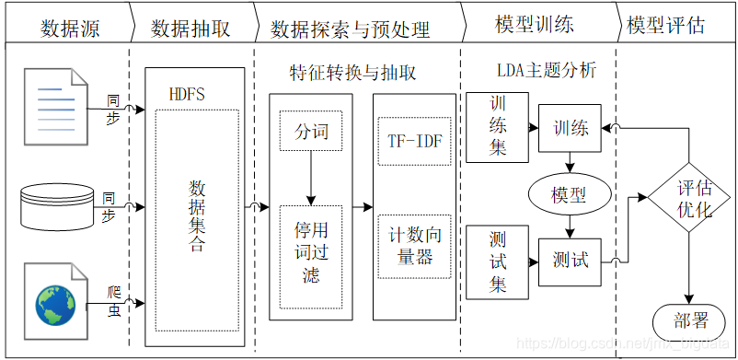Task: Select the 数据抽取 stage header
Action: (x=190, y=27)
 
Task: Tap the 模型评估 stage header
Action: (x=666, y=26)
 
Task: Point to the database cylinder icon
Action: (x=58, y=205)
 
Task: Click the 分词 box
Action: (x=311, y=132)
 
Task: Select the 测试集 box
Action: (x=497, y=261)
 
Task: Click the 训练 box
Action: (x=570, y=127)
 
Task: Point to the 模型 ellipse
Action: (x=570, y=194)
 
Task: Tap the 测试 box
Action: (x=570, y=260)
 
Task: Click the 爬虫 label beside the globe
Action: (x=114, y=300)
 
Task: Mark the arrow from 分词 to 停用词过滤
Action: (x=311, y=180)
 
